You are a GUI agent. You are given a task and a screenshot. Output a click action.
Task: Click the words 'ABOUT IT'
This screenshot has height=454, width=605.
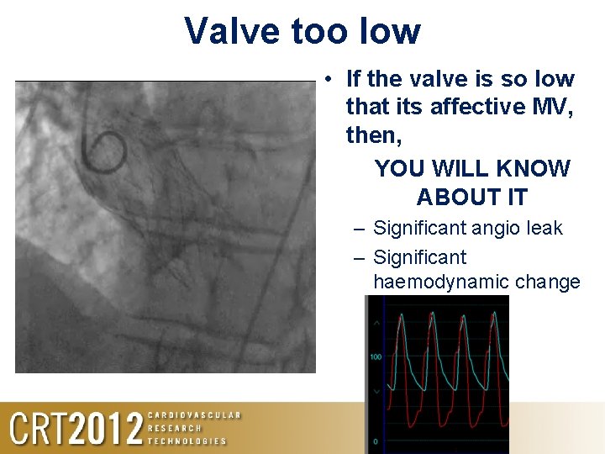click(471, 197)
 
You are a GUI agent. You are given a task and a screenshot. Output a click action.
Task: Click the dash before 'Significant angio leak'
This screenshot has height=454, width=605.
click(359, 228)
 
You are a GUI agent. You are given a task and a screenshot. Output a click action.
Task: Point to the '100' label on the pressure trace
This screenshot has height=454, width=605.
click(376, 357)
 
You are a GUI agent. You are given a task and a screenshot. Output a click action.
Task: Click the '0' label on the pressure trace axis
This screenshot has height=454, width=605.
click(376, 441)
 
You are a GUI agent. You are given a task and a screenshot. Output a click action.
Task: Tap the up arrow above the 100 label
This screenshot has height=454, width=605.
click(376, 323)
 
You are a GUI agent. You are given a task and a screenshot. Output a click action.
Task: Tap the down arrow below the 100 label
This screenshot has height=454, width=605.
click(376, 391)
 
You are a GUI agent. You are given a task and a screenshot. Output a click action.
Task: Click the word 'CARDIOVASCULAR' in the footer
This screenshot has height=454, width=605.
click(194, 415)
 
